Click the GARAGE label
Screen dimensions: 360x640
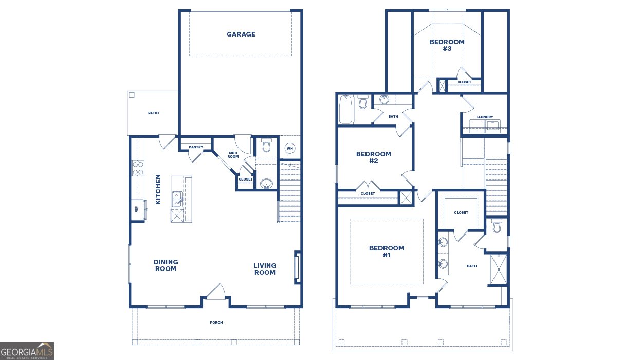tap(241, 34)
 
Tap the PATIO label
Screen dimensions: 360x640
tap(153, 113)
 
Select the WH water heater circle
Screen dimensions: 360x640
tap(289, 149)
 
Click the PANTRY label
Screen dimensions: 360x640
tap(196, 147)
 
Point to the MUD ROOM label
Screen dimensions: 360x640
tap(233, 154)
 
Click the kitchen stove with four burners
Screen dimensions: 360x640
tap(138, 168)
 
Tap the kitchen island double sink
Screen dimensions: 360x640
tap(176, 199)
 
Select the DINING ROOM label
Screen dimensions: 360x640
tap(166, 265)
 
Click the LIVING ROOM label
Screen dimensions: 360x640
tap(265, 269)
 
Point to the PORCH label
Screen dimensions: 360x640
tap(216, 323)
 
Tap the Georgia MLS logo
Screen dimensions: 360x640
tap(27, 351)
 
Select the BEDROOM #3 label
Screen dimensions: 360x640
tap(447, 45)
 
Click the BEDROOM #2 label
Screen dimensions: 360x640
tap(374, 157)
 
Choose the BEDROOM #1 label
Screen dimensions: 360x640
tap(387, 251)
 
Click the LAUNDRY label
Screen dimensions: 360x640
tap(484, 117)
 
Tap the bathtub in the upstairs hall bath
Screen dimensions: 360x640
tap(346, 109)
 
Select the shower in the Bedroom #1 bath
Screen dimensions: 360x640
tap(497, 269)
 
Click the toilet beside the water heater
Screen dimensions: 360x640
tap(266, 146)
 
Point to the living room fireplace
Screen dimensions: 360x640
tap(297, 267)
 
